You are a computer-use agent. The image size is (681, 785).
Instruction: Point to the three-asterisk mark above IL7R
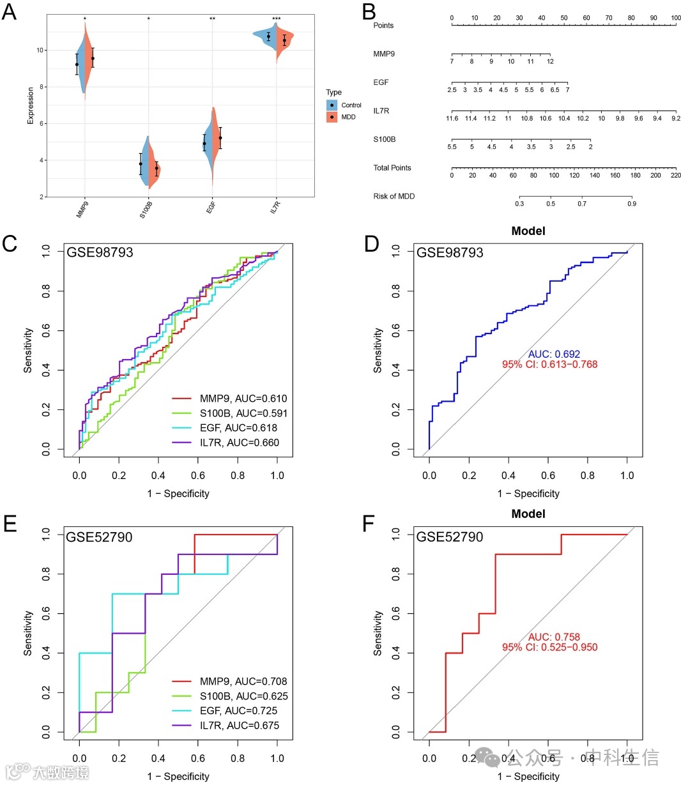pyautogui.click(x=277, y=19)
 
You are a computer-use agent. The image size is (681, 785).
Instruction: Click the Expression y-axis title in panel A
pyautogui.click(x=30, y=106)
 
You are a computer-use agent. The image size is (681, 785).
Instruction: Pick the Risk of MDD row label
pyautogui.click(x=394, y=196)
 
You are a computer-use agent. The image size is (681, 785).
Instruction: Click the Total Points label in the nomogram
pyautogui.click(x=392, y=167)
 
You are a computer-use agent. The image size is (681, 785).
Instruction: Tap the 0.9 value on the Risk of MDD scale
pyautogui.click(x=631, y=204)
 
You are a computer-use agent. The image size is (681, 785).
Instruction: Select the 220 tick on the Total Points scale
pyautogui.click(x=675, y=176)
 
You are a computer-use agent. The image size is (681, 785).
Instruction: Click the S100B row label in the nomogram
pyautogui.click(x=386, y=139)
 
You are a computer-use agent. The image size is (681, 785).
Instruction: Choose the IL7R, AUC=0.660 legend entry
pyautogui.click(x=239, y=443)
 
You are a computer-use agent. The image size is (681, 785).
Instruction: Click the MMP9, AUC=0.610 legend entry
pyautogui.click(x=243, y=399)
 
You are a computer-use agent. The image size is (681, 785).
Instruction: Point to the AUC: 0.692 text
pyautogui.click(x=554, y=354)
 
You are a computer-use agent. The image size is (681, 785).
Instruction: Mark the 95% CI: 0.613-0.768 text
pyautogui.click(x=550, y=365)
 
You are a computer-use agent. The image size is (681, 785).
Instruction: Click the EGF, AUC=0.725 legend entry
pyautogui.click(x=238, y=710)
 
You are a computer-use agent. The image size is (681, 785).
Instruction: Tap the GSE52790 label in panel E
pyautogui.click(x=99, y=537)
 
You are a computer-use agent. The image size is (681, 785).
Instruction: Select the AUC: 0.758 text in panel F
pyautogui.click(x=554, y=637)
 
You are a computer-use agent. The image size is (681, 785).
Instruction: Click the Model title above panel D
pyautogui.click(x=528, y=231)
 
